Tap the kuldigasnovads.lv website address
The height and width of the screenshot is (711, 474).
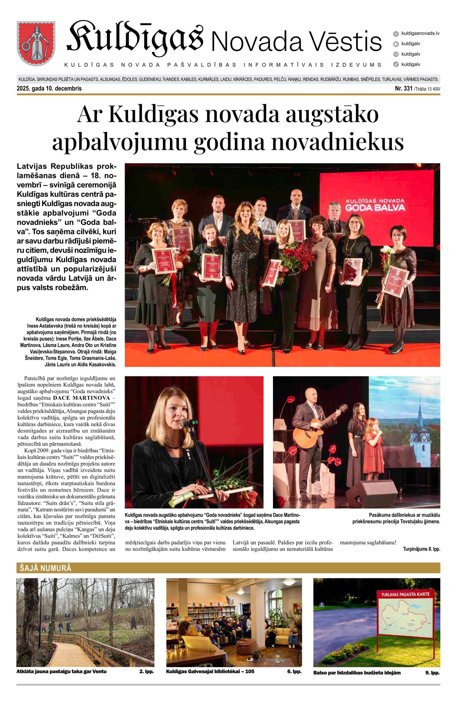(x=420, y=33)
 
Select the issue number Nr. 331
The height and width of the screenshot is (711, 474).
(x=403, y=89)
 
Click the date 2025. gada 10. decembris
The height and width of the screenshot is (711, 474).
(x=49, y=89)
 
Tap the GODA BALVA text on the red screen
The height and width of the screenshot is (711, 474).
(x=375, y=207)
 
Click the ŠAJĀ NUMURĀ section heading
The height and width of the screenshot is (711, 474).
(x=44, y=568)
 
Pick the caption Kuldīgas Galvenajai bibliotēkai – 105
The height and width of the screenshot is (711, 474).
(x=210, y=672)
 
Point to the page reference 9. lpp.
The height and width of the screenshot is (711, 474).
(x=432, y=673)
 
